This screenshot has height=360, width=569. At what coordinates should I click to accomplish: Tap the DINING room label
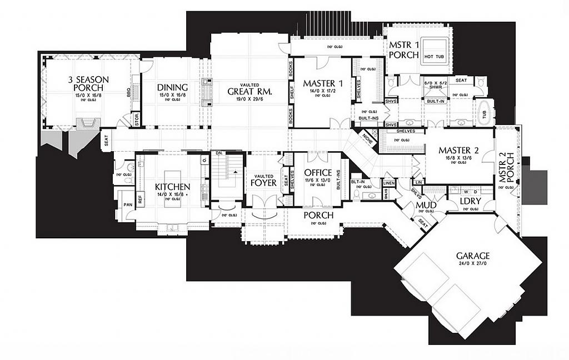[x=172, y=87]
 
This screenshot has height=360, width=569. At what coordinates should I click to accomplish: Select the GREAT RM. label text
[x=249, y=92]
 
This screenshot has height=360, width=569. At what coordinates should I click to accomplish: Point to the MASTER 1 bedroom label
[x=323, y=83]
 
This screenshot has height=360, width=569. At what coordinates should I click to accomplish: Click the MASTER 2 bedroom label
[x=458, y=150]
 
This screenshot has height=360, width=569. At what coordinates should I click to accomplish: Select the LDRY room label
[x=471, y=201]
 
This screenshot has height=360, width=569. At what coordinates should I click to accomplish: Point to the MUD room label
[x=426, y=205]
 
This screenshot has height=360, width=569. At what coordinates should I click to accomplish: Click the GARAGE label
[x=473, y=256]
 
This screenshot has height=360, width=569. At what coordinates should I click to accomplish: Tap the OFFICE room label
[x=318, y=173]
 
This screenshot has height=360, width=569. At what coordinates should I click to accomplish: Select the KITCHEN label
[x=173, y=187]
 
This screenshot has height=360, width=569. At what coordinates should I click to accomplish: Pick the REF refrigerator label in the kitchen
[x=139, y=198]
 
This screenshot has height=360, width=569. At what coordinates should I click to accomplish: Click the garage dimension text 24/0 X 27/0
[x=473, y=264]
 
